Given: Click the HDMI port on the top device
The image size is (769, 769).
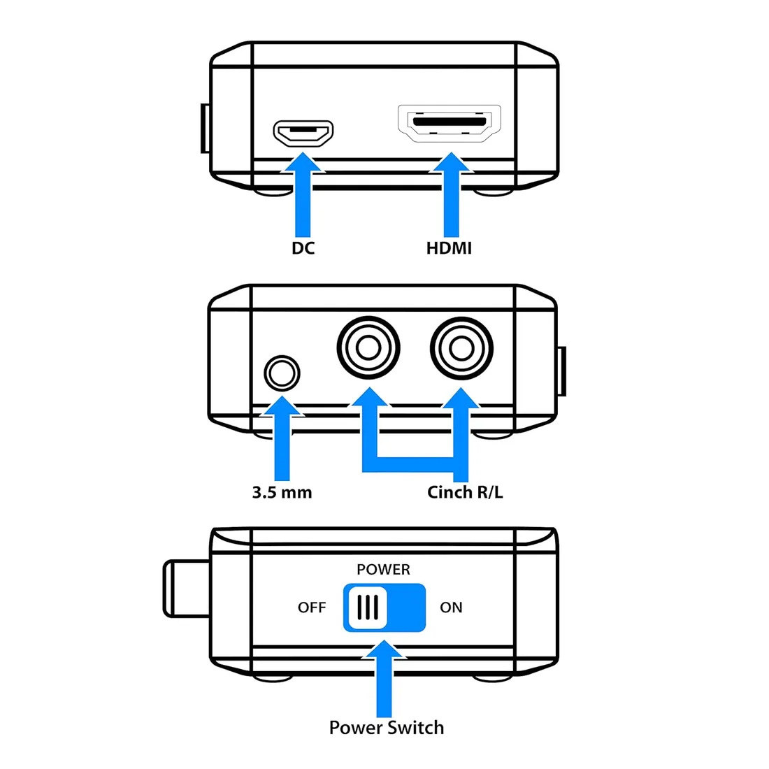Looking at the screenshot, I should tap(450, 124).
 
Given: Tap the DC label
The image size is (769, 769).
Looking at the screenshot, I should tap(303, 248).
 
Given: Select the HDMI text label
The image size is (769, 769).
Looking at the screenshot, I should tap(449, 248).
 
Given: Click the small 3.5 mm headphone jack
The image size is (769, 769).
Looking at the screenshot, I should tap(282, 373).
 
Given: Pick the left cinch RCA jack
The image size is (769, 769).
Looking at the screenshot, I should tap(368, 347).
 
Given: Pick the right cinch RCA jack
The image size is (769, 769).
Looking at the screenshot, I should tap(461, 347).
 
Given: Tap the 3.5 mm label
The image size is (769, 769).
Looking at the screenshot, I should tap(282, 492).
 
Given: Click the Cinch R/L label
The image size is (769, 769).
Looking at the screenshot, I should tap(465, 492).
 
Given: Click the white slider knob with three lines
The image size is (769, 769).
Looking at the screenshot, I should tap(367, 607).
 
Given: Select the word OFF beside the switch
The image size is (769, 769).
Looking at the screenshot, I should tap(312, 608).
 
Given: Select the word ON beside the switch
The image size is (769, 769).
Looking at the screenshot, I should tap(451, 608).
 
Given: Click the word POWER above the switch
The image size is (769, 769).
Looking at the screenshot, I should tap(383, 570).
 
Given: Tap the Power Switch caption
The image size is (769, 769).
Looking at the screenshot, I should tap(387, 728).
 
